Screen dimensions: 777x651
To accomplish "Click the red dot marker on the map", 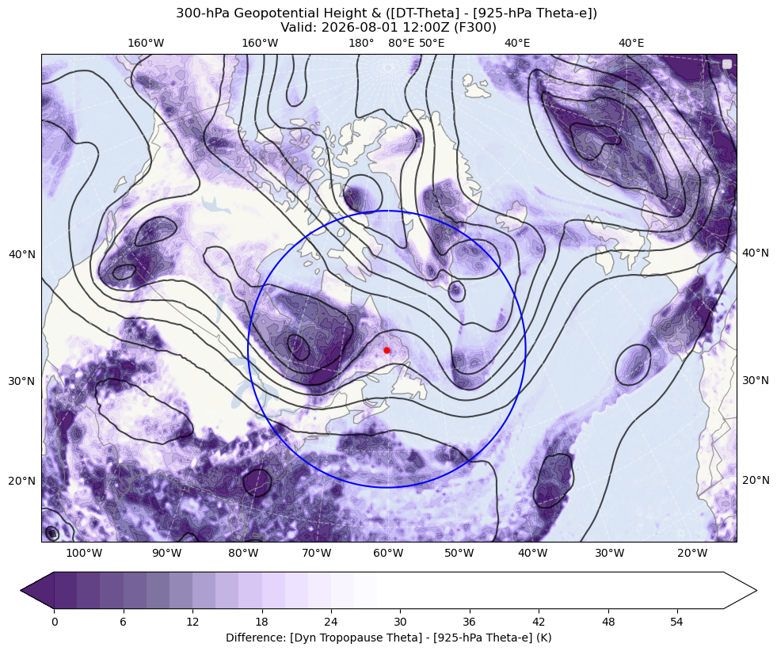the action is (x=387, y=350).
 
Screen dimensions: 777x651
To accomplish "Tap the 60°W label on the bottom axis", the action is (x=388, y=553).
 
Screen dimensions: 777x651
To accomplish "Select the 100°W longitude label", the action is (x=84, y=553).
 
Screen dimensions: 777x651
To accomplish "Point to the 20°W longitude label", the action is (x=692, y=553).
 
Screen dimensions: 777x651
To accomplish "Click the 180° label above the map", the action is (x=361, y=43).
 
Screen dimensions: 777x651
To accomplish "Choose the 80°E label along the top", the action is (x=401, y=43).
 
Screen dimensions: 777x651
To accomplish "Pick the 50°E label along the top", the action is (x=432, y=43).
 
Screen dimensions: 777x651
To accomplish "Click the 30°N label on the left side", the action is (x=22, y=381).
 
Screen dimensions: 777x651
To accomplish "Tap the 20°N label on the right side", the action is (x=755, y=480).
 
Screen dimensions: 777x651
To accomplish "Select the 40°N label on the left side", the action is (x=22, y=254).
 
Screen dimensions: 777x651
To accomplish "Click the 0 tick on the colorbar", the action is (x=54, y=622).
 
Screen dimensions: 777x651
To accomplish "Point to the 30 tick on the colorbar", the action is (x=400, y=622).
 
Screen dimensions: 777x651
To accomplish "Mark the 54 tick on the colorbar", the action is (x=676, y=622).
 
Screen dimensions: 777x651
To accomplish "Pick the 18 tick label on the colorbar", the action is (x=261, y=622).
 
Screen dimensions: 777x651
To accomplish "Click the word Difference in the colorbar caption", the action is (x=253, y=637).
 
